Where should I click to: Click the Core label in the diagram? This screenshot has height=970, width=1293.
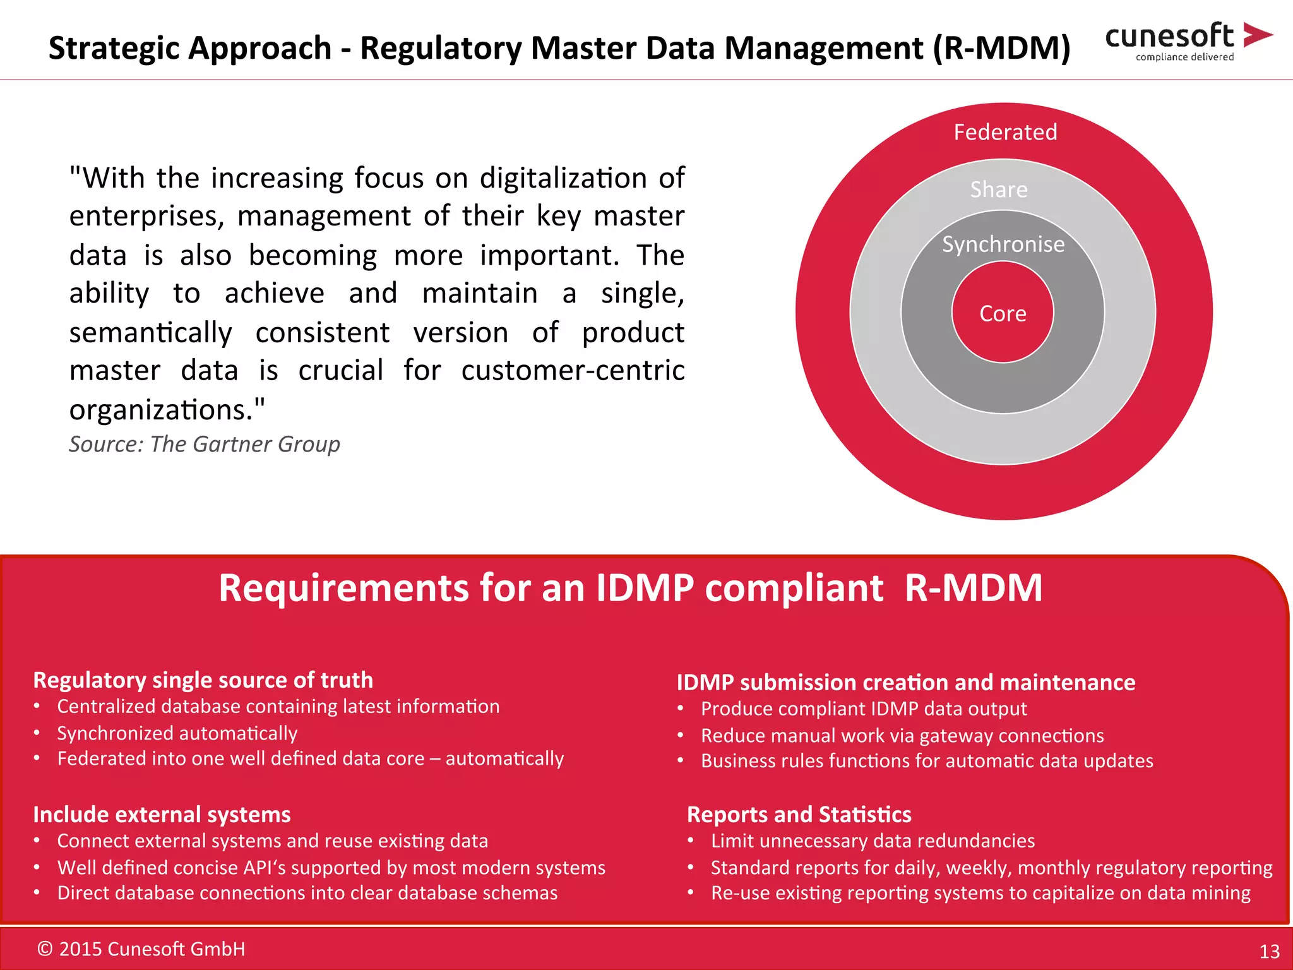pos(1003,314)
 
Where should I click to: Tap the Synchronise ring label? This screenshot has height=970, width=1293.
pos(1003,244)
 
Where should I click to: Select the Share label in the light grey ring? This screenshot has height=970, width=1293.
pos(999,189)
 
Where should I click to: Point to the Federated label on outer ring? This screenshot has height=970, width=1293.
pos(1005,132)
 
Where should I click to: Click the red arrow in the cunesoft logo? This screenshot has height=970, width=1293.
pos(1257,35)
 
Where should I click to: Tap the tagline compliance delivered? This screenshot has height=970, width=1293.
pos(1184,57)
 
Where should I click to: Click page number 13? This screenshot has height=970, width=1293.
pos(1269,951)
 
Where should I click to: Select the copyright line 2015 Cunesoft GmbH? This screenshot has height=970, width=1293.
pos(141,949)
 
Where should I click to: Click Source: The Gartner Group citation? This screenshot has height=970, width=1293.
pos(205,444)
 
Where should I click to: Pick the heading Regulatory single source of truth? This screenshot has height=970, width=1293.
pos(203,680)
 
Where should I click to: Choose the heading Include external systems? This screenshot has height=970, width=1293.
pos(162,814)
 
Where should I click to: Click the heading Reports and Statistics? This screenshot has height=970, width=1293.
pos(799,814)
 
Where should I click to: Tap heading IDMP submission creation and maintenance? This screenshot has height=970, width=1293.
pos(905,682)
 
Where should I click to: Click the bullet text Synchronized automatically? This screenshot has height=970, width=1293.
pos(177,733)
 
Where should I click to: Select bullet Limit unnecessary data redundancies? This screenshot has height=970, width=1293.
pos(873,841)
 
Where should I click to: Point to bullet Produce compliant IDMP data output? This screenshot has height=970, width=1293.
pos(864,709)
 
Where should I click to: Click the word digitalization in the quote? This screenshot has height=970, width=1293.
pos(563,178)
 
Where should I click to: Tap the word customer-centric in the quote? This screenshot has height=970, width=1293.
pos(573,371)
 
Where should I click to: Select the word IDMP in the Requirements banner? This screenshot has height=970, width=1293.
pos(645,588)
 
